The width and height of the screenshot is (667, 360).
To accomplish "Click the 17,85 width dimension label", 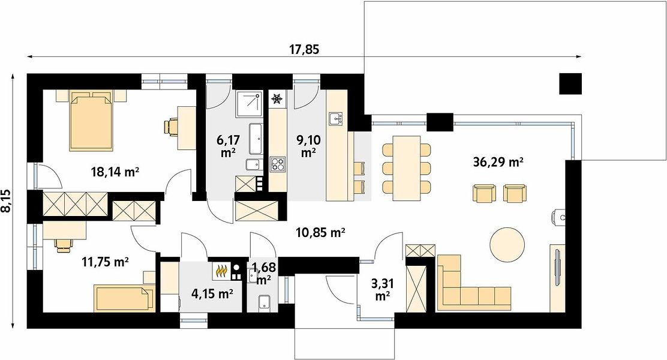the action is [x=304, y=50].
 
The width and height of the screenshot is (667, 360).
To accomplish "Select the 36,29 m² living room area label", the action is [x=498, y=162].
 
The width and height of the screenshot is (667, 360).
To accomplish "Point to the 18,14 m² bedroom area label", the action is [x=115, y=172].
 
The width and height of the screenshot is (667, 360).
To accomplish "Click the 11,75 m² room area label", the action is [x=105, y=262].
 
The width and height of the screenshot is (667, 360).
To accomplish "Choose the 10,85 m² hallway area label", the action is [x=320, y=232].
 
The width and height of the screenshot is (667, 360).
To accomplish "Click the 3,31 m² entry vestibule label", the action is [x=383, y=289].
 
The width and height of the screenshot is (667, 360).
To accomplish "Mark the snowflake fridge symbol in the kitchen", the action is [x=277, y=99].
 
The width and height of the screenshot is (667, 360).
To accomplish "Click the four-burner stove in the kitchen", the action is [x=278, y=164].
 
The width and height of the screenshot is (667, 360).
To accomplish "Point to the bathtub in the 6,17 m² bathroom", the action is [x=256, y=139].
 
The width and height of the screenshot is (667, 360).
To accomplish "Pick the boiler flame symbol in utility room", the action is [x=221, y=271].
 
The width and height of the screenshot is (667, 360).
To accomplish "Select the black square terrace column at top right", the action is [x=570, y=84].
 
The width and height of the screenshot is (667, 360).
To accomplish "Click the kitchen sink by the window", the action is [x=336, y=119].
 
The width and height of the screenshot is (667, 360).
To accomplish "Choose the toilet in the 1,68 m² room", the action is [x=264, y=302].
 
